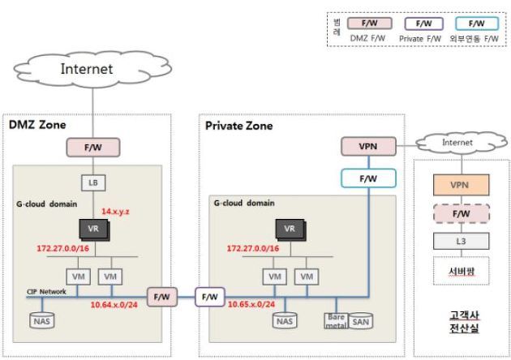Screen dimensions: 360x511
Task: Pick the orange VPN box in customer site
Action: click(460, 185)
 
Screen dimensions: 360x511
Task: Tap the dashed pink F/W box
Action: click(460, 213)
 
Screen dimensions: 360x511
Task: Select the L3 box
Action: click(460, 241)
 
